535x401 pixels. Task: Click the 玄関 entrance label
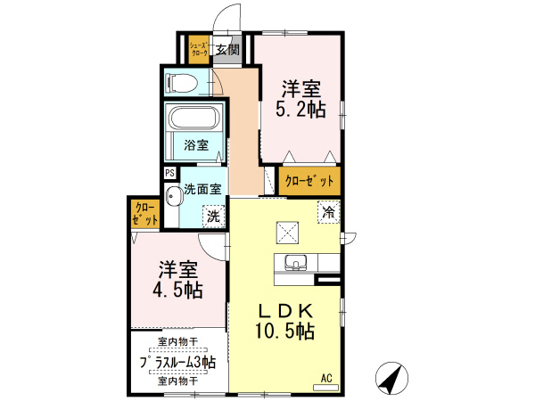pyautogui.click(x=227, y=50)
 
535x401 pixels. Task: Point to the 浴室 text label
pyautogui.click(x=196, y=145)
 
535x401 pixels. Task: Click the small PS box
pyautogui.click(x=169, y=175)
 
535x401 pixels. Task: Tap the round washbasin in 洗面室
pyautogui.click(x=171, y=195)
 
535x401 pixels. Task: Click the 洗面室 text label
pyautogui.click(x=202, y=189)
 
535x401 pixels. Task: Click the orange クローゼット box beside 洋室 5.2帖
pyautogui.click(x=309, y=181)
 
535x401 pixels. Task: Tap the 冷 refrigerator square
pyautogui.click(x=328, y=213)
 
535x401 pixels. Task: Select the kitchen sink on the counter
pyautogui.click(x=296, y=262)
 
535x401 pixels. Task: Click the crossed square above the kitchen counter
pyautogui.click(x=288, y=231)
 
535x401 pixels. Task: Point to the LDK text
pyautogui.click(x=285, y=311)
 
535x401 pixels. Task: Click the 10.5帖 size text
pyautogui.click(x=285, y=331)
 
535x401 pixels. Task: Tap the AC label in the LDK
pyautogui.click(x=326, y=379)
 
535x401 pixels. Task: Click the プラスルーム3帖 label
pyautogui.click(x=177, y=362)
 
